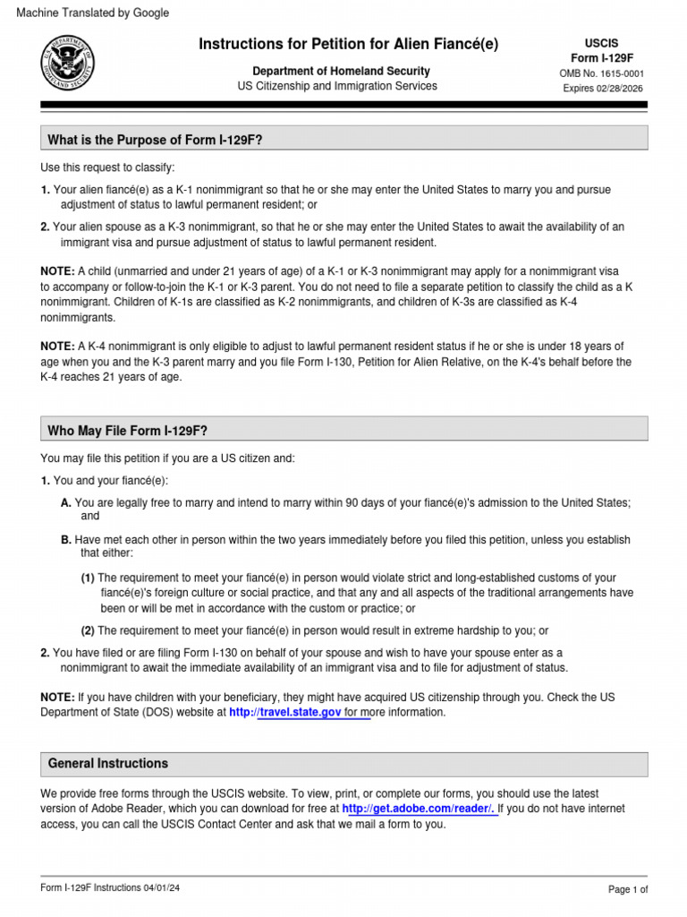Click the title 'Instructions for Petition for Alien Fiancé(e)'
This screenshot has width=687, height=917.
[x=348, y=44]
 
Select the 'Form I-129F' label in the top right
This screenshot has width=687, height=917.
[x=601, y=58]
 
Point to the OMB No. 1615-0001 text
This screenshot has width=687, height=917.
[x=601, y=73]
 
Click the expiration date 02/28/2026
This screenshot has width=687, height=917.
[x=618, y=89]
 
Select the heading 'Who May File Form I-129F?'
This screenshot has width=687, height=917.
[x=127, y=431]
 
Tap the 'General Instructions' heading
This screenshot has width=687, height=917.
[x=108, y=763]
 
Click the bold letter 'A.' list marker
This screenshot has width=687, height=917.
[x=66, y=503]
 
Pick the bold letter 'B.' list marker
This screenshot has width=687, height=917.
[x=66, y=540]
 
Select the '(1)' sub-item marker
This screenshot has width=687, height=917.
[x=88, y=578]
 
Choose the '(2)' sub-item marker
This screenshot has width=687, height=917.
[x=88, y=630]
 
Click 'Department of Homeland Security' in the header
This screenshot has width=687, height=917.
[x=341, y=71]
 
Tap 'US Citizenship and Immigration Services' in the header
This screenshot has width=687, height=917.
[x=337, y=86]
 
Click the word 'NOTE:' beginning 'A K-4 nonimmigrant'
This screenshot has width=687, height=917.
[x=58, y=347]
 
